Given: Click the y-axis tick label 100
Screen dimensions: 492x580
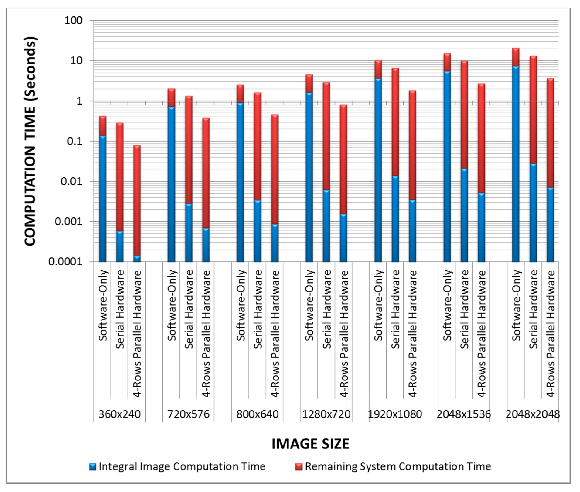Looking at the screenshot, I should (x=73, y=21).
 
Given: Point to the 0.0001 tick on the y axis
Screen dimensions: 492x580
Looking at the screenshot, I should (x=66, y=262).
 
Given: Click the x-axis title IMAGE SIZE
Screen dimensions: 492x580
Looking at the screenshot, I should (x=310, y=444).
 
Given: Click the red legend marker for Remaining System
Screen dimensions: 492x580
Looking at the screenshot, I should (x=299, y=467).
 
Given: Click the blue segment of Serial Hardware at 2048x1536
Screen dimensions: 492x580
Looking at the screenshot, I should (x=464, y=215).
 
